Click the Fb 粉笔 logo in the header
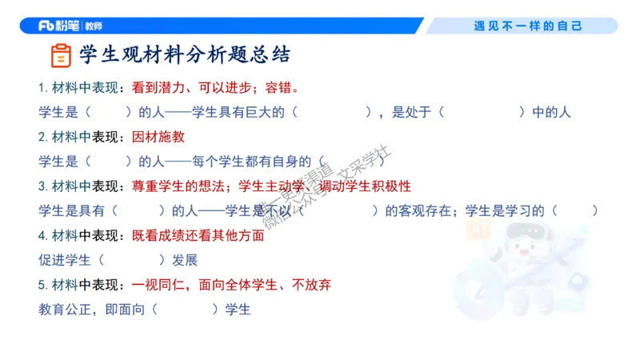(60, 26)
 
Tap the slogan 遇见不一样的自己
(528, 26)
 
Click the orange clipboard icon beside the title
(60, 55)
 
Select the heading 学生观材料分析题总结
(184, 55)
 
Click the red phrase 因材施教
(158, 137)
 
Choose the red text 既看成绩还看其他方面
(198, 236)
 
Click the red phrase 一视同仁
(158, 285)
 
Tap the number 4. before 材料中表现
(43, 236)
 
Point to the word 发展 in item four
(184, 260)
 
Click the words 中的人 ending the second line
(551, 112)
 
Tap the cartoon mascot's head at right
(524, 248)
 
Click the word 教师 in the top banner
(94, 26)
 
